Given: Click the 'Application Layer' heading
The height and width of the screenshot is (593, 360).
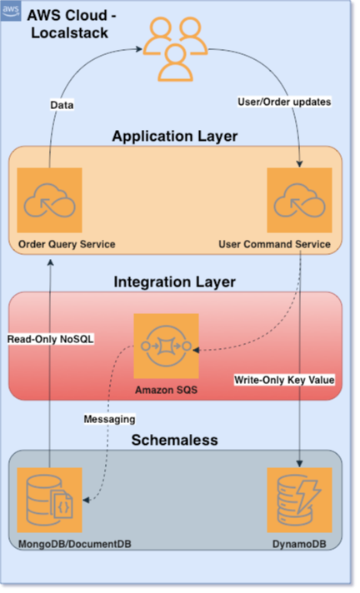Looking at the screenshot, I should click(175, 136).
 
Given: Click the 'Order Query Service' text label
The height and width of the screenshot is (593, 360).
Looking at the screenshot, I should click(67, 244).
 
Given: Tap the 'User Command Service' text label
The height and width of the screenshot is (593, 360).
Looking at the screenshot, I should click(275, 244).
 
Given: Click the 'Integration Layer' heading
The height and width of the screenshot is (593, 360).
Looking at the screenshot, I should click(175, 282).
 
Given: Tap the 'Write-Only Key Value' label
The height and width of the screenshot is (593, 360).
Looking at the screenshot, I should click(283, 380).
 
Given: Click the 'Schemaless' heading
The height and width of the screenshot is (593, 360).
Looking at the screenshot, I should click(175, 439).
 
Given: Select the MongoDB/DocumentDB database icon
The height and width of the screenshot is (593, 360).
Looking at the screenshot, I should click(50, 500).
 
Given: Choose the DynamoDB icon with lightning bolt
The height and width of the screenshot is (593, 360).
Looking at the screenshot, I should click(299, 500).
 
